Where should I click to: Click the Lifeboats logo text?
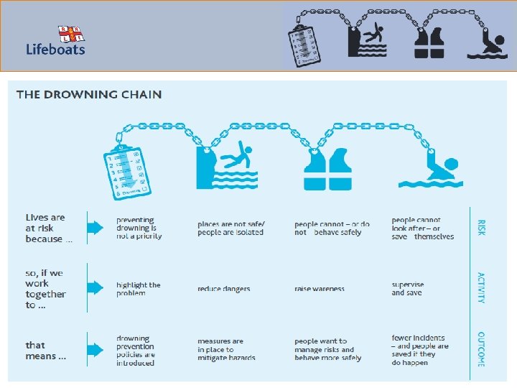point(55,50)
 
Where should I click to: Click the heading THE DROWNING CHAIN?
point(89,94)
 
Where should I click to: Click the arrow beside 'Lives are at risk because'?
point(96,228)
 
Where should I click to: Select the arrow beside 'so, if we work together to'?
point(96,288)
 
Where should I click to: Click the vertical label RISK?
point(481,228)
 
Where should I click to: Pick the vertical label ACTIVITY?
point(481,287)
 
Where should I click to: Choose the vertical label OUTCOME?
point(481,349)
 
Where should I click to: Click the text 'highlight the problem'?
point(139,289)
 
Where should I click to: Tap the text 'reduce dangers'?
point(224,289)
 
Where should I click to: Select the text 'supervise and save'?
point(408,289)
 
